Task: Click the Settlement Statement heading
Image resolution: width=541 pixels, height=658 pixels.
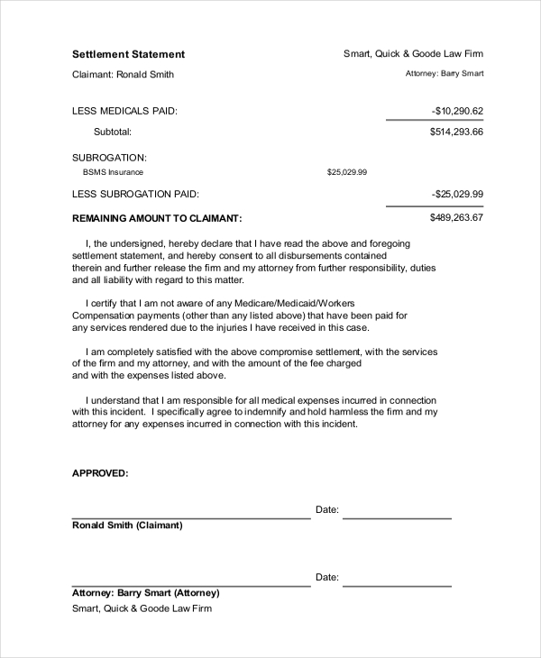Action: coord(128,54)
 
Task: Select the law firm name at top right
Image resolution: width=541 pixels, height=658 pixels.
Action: coord(413,54)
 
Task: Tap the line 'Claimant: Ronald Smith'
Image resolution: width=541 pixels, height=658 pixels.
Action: coord(123,75)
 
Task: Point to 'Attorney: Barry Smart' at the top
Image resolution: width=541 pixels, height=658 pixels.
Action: coord(445,75)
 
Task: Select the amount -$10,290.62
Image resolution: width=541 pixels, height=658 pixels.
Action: coord(457,111)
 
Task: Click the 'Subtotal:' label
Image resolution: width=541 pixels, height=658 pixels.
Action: coord(113,132)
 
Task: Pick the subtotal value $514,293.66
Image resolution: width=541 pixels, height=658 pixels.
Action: coord(457,132)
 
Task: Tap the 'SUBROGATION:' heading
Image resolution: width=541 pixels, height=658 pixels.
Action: coord(108,157)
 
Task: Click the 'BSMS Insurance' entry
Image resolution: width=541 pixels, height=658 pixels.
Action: coord(113,171)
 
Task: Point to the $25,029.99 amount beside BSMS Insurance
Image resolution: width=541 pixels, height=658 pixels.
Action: coord(346,171)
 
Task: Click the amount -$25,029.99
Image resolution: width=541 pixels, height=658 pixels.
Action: coord(457,194)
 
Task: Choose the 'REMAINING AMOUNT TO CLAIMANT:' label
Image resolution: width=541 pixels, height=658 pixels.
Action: coord(157,218)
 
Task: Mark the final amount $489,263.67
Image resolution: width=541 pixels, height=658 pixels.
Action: coord(457,217)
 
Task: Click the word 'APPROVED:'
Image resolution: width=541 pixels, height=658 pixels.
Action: coord(100,472)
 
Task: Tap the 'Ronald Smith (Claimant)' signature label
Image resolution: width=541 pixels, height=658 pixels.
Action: coord(127,525)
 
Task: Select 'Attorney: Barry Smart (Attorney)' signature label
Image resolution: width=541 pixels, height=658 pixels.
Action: coord(145,593)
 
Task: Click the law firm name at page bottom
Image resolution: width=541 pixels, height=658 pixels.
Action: coord(142,608)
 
